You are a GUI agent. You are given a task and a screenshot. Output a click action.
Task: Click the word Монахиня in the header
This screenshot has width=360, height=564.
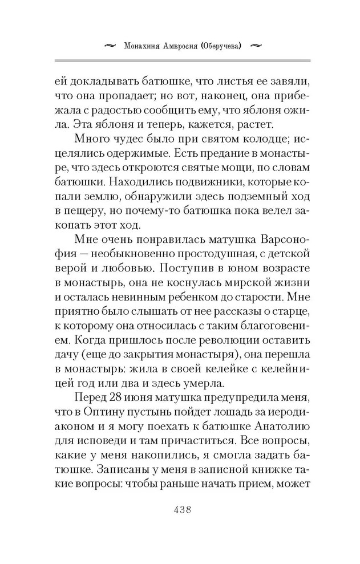144,44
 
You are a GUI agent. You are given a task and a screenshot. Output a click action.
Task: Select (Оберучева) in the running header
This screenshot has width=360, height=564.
230,44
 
